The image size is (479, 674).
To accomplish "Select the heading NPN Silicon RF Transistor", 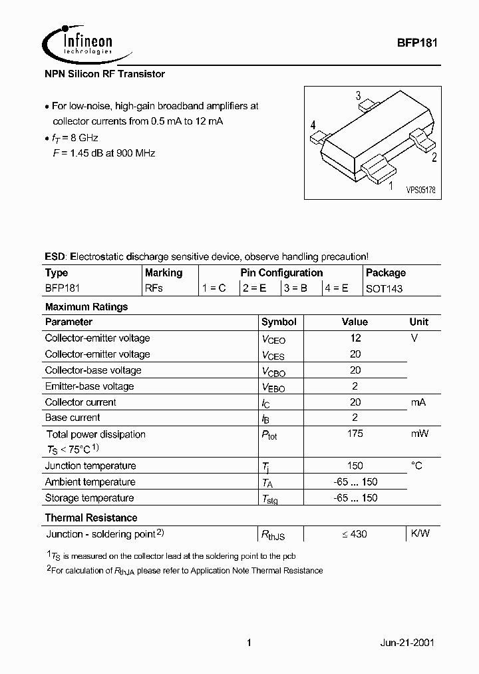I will point(104,75).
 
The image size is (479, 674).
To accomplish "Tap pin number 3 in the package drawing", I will point(358,95).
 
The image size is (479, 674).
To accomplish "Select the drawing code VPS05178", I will point(420,190).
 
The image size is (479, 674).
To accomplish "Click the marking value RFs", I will point(154,288).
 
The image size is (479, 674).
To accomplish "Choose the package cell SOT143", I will point(385,288).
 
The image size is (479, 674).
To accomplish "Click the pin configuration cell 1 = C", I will point(214,288).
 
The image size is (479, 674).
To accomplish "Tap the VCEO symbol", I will point(273,339).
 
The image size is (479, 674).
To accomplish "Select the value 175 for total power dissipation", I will point(355,434).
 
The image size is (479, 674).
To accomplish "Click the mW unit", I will point(418,434).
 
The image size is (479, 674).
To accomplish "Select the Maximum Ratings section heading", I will point(86,307).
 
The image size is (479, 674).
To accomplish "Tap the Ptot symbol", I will point(270,435).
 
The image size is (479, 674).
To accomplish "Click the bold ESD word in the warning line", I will point(55,256).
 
